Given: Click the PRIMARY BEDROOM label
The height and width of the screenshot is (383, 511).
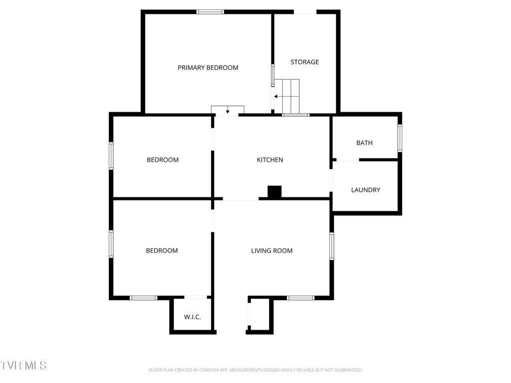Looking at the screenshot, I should [x=208, y=68].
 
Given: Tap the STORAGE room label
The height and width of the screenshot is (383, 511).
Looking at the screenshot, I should [x=304, y=62].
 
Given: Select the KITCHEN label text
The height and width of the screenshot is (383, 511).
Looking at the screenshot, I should [x=270, y=160].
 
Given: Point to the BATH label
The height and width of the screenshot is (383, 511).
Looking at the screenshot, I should [x=364, y=143].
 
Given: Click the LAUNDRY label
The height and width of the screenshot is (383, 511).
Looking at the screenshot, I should [x=365, y=190].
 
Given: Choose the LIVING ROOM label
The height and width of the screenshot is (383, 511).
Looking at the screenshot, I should [x=271, y=251].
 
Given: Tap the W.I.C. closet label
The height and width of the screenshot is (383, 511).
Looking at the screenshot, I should [x=192, y=317].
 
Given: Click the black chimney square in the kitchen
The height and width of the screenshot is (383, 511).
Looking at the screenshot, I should [x=274, y=191].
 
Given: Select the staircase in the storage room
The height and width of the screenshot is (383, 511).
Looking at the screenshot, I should [x=290, y=95].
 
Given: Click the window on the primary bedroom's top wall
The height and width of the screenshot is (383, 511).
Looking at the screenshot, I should [x=210, y=12].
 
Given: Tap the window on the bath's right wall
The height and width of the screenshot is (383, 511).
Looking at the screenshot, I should [x=400, y=138].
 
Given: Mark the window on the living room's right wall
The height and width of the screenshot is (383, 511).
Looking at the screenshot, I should [x=332, y=246].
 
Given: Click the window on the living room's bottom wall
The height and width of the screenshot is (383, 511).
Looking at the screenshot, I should [x=300, y=298].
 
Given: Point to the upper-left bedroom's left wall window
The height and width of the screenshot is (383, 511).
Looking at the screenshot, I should [x=111, y=156].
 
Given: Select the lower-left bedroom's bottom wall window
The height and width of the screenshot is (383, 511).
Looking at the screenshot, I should [x=144, y=298].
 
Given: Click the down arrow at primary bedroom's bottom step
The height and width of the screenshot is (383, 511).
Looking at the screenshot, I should [x=228, y=111].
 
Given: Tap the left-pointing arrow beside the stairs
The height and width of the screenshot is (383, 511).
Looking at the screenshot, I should [x=275, y=96].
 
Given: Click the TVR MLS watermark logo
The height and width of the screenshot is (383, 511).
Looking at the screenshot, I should [x=23, y=366].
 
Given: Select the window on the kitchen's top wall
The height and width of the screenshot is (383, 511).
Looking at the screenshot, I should [x=295, y=115].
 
